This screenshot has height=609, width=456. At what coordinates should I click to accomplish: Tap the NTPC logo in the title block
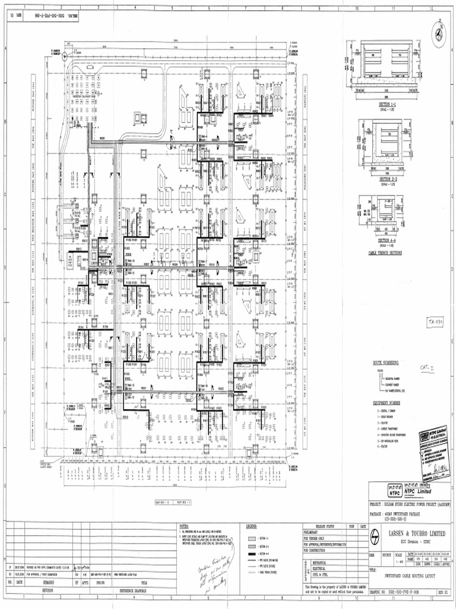click(394, 492)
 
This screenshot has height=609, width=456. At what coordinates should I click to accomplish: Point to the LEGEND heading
click(251, 526)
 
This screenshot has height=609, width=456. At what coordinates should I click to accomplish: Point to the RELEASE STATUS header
click(324, 526)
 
